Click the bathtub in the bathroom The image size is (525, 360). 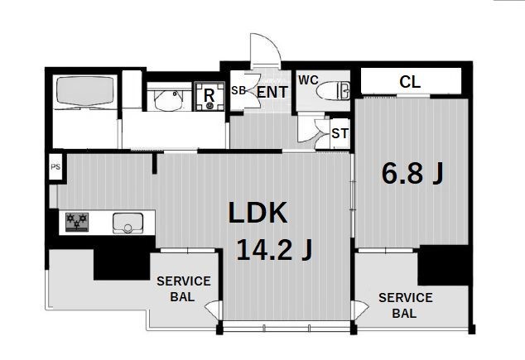85,91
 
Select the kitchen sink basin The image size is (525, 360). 128,223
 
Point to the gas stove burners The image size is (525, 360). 77,222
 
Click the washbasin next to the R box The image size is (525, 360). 170,99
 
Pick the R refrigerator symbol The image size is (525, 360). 210,96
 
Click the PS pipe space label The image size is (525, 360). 55,166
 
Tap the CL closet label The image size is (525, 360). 410,82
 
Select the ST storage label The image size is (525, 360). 340,133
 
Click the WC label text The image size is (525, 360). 308,80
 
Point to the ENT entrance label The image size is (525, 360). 272,93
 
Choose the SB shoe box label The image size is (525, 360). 238,90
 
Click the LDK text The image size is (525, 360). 258,213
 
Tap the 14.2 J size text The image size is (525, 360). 274,250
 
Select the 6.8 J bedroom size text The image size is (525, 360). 412,173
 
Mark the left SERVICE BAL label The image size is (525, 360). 184,289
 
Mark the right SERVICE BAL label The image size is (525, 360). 405,305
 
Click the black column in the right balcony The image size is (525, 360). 443,265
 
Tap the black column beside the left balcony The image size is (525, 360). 122,263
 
